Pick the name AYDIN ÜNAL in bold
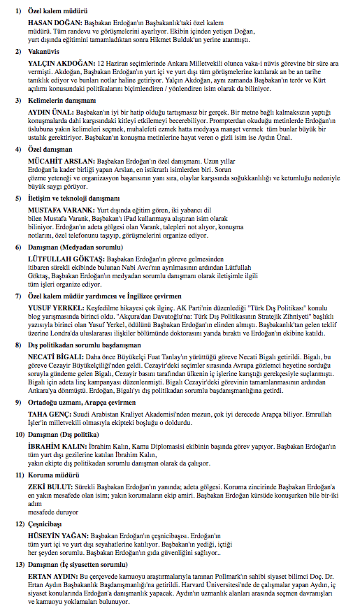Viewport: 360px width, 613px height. (49, 112)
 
